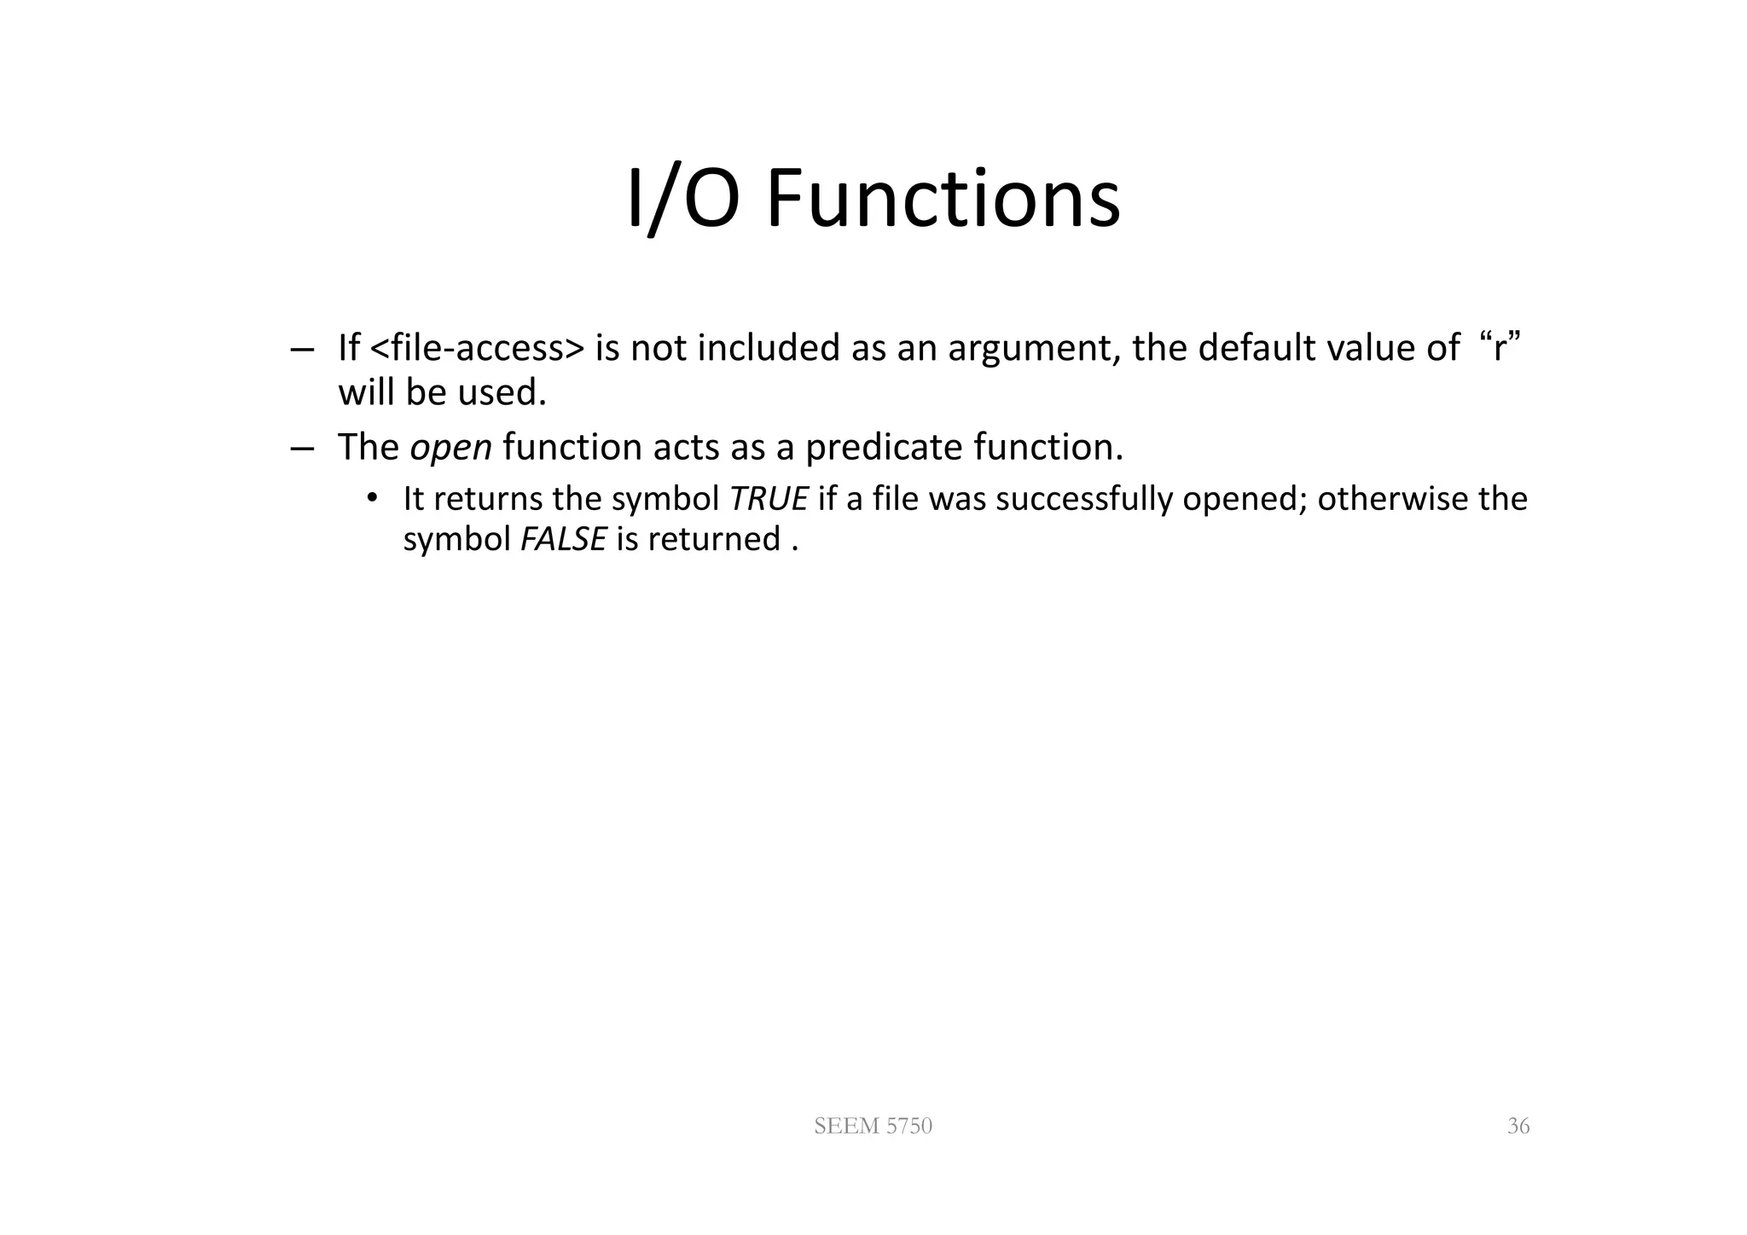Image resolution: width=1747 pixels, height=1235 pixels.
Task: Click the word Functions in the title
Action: click(943, 200)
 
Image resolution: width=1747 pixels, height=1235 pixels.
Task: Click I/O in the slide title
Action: click(682, 200)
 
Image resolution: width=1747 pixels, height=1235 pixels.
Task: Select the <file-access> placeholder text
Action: click(479, 348)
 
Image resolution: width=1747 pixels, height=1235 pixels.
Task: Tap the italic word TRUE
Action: click(769, 499)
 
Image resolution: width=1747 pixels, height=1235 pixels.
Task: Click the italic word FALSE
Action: click(563, 539)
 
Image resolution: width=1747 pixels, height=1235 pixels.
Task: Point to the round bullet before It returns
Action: click(371, 498)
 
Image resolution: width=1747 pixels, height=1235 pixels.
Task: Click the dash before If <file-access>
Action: click(301, 350)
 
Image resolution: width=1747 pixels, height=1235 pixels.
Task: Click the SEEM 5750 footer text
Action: click(873, 1127)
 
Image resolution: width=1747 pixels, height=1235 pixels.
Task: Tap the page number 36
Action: click(1518, 1127)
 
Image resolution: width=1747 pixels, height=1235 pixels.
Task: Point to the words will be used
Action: click(441, 393)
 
